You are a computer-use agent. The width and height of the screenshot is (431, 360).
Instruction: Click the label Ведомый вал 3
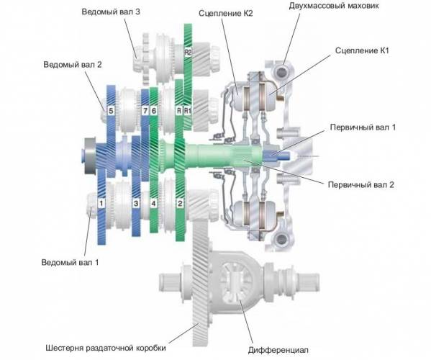coord(111,12)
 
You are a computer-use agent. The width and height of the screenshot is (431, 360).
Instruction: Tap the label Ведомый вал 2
coord(73,65)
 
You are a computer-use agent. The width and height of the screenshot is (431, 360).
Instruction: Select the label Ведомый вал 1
coord(70,262)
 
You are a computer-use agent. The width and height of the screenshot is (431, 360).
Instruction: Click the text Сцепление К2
coord(225,13)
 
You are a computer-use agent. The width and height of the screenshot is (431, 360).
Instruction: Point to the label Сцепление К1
coord(362,50)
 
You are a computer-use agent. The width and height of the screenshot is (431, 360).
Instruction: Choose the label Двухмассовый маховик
coord(334,6)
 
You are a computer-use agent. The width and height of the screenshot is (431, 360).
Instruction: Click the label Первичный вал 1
coord(363,127)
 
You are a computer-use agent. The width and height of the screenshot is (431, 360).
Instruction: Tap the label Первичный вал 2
coord(361,184)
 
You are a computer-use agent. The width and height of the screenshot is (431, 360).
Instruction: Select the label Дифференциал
coord(278,350)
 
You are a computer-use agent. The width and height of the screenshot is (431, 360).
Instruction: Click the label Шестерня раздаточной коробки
coord(106,348)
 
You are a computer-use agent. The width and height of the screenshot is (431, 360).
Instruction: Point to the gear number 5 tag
coord(111,111)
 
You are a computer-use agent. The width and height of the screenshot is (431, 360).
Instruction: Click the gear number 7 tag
coord(145,111)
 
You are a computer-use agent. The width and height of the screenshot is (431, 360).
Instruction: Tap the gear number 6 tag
coord(154,111)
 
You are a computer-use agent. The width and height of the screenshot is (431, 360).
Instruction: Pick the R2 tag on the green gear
coord(188,53)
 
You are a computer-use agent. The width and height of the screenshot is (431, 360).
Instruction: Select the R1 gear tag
coord(188,111)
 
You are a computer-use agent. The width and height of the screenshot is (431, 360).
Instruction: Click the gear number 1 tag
coord(101,204)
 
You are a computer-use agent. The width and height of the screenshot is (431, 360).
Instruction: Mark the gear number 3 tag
coord(136,204)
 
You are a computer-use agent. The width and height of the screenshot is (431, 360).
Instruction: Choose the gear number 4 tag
coord(153,204)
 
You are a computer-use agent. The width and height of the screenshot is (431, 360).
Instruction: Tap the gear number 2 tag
coord(180,204)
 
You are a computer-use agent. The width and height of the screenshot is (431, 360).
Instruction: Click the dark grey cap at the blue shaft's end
coord(89,156)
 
